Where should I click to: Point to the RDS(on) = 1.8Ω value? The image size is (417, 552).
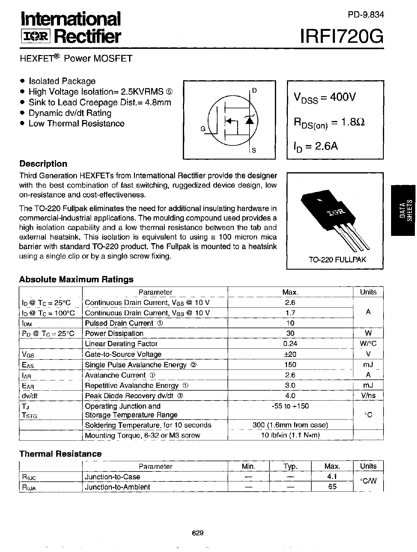pos(329,123)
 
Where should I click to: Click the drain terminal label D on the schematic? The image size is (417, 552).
pos(254,90)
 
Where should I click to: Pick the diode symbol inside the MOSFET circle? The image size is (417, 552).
pos(249,120)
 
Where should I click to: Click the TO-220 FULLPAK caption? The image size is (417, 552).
pos(335,259)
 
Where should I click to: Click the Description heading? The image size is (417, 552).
pos(43,164)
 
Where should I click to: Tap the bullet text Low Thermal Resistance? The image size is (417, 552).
pos(76,124)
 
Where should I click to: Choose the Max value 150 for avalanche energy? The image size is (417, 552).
pos(290,365)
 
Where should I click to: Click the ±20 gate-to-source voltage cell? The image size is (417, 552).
pos(290,354)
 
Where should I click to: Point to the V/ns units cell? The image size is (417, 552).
pos(368,395)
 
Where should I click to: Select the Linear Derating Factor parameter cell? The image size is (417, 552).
pos(121,344)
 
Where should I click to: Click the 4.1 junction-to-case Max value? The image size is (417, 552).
pos(332,477)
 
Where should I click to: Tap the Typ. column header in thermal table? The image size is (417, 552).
pos(290,466)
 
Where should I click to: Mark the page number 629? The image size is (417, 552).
pos(198,533)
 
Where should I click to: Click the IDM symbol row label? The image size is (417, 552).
pos(27,323)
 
